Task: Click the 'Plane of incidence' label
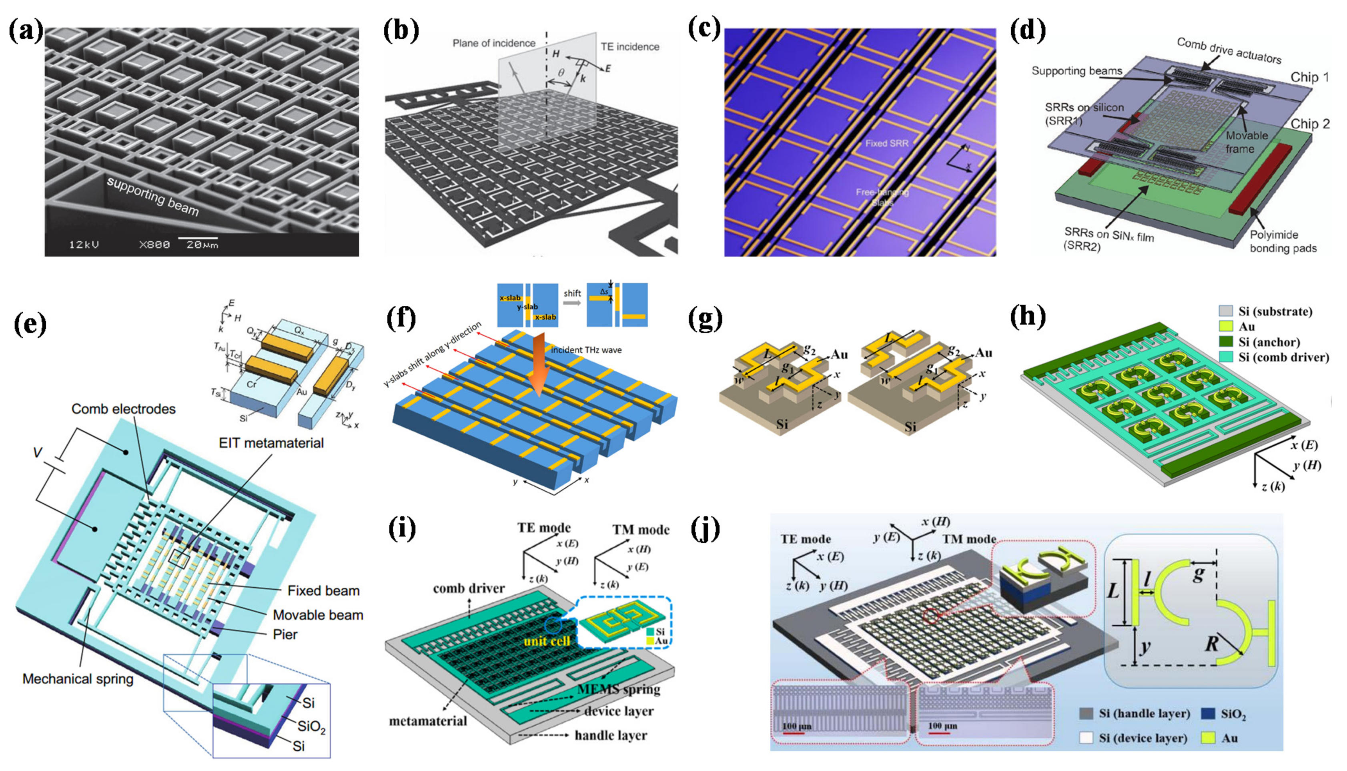tap(493, 43)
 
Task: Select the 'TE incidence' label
tap(629, 46)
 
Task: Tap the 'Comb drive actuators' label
tap(1229, 51)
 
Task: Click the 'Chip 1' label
tap(1309, 77)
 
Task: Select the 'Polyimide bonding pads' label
tap(1283, 241)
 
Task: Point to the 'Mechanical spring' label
tap(78, 679)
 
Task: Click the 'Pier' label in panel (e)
tap(285, 634)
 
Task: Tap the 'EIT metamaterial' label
tap(271, 443)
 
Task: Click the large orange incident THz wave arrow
tap(537, 371)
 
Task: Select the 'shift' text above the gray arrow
tap(572, 293)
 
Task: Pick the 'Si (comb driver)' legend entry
tap(1283, 357)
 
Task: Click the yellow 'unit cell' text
tap(547, 641)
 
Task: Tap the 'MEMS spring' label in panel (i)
tap(619, 689)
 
